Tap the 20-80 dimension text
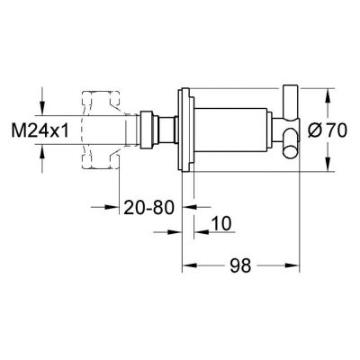(147, 206)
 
